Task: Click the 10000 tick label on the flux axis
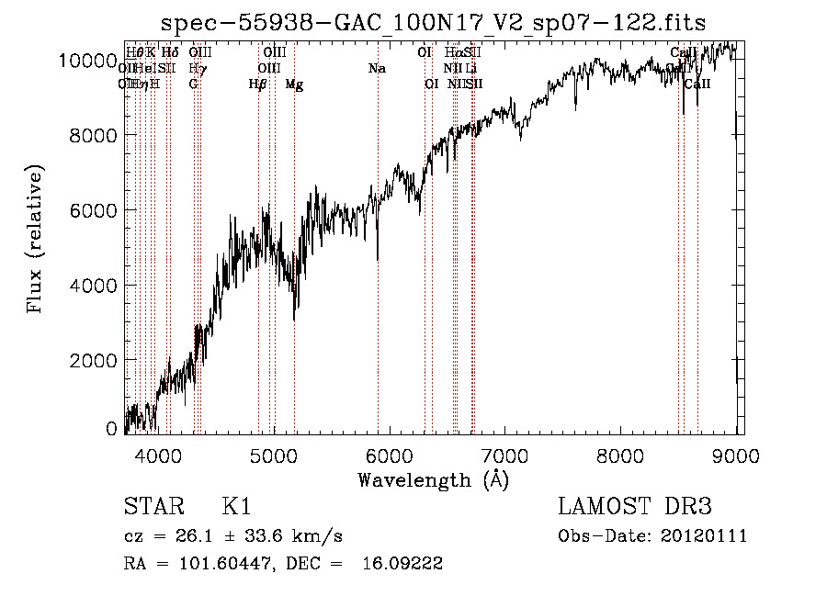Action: (x=87, y=61)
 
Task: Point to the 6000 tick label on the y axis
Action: (x=92, y=210)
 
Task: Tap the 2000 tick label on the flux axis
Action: (x=92, y=360)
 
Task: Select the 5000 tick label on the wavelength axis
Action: (x=273, y=455)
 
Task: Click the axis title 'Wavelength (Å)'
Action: (x=433, y=479)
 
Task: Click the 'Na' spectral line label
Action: (x=377, y=69)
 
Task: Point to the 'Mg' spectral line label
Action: (x=294, y=84)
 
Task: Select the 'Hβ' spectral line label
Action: (x=258, y=84)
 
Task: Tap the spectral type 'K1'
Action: (x=236, y=507)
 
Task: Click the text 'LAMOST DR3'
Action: (x=635, y=507)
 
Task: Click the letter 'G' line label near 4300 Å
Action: (x=193, y=84)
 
